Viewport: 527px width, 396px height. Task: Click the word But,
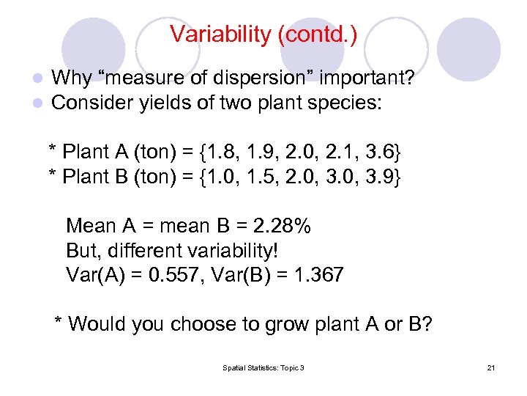pos(83,251)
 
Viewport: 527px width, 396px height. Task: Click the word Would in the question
pos(99,323)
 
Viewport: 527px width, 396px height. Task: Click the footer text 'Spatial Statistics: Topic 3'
pos(263,367)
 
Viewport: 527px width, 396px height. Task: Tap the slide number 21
pos(490,367)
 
